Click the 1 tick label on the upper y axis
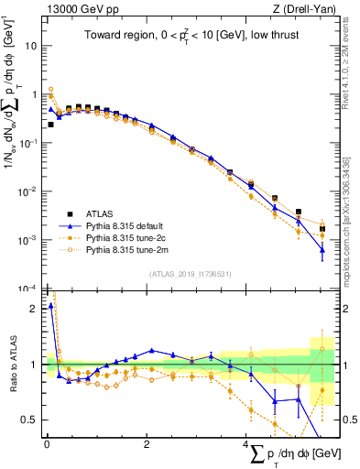tap(33, 94)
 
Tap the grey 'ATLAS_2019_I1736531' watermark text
tap(191, 274)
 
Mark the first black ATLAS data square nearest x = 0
tap(49, 125)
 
